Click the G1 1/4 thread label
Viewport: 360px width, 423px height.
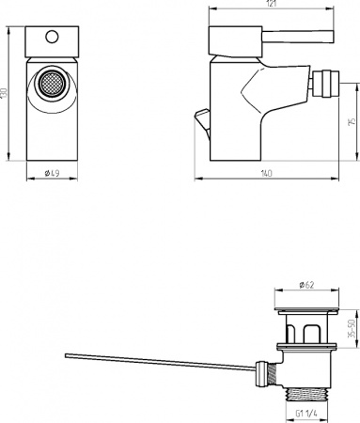[x=306, y=411]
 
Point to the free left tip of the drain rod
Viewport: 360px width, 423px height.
[x=65, y=355]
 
